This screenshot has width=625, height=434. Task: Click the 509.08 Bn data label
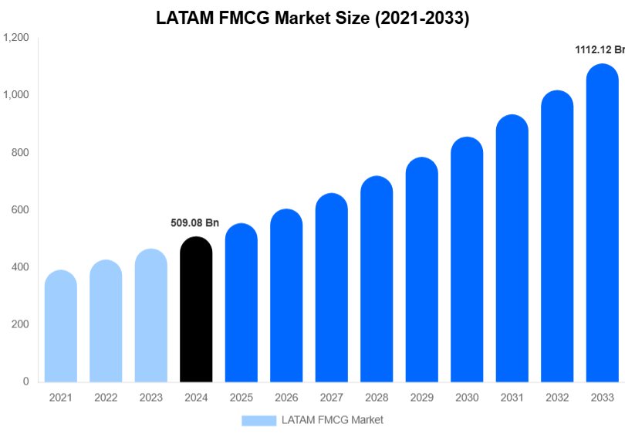pyautogui.click(x=195, y=223)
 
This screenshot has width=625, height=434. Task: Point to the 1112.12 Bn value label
pyautogui.click(x=600, y=50)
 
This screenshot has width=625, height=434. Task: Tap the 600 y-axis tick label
pyautogui.click(x=20, y=210)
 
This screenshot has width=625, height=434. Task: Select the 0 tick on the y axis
pyautogui.click(x=25, y=381)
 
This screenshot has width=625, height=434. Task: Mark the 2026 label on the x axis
pyautogui.click(x=286, y=398)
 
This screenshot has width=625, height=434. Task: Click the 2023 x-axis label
pyautogui.click(x=151, y=398)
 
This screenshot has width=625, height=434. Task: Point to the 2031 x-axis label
pyautogui.click(x=512, y=398)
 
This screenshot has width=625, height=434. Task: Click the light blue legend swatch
pyautogui.click(x=258, y=420)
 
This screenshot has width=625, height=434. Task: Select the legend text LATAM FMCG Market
pyautogui.click(x=333, y=420)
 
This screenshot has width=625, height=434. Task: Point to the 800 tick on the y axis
pyautogui.click(x=20, y=153)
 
